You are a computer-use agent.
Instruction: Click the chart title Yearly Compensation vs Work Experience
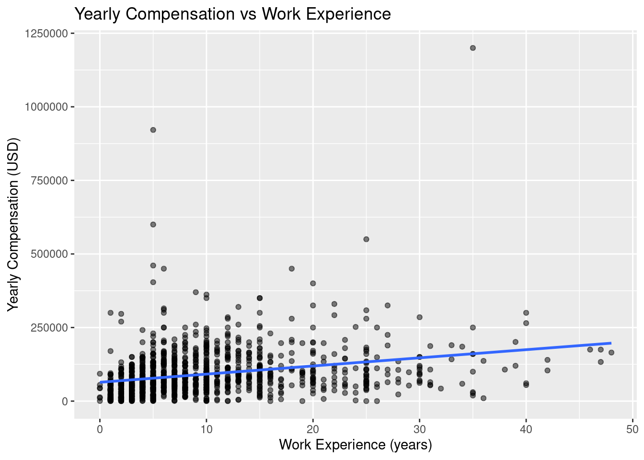pos(232,14)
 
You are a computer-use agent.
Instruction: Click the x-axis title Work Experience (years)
pos(355,445)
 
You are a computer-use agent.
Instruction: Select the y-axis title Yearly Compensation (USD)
pos(13,224)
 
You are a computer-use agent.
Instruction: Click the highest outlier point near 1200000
pos(473,48)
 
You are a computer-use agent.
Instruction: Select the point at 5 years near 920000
pos(153,130)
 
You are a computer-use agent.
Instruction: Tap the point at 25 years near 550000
pos(366,239)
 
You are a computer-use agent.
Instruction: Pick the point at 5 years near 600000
pos(153,224)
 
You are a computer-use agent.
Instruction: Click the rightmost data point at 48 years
pos(611,353)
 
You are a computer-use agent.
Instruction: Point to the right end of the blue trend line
pos(611,343)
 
